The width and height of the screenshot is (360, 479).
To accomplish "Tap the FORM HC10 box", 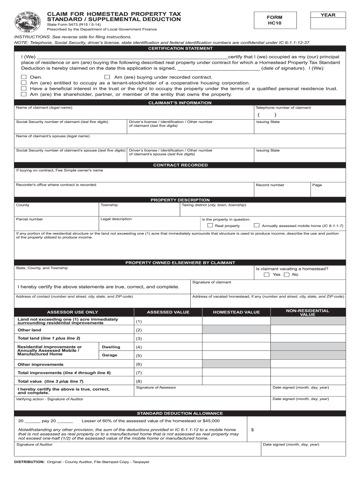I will click(x=275, y=20).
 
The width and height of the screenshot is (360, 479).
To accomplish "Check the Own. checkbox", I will click(x=23, y=77).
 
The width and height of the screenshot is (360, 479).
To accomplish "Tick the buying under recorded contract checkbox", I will click(x=107, y=77).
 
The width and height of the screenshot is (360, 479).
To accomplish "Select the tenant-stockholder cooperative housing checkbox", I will click(x=23, y=82).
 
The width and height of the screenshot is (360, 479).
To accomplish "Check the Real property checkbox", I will click(x=210, y=225).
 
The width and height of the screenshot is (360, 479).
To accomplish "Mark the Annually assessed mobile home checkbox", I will click(x=256, y=225).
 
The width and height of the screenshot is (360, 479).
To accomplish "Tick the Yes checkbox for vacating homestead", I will click(x=266, y=275).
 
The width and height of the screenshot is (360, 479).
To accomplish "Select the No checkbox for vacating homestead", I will click(x=287, y=275).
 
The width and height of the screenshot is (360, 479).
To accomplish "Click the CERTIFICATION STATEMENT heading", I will click(x=180, y=48).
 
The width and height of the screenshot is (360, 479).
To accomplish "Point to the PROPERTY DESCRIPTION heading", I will click(x=180, y=200).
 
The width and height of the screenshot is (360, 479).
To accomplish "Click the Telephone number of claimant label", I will click(x=283, y=108).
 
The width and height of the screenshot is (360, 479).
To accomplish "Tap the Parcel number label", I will click(x=29, y=219).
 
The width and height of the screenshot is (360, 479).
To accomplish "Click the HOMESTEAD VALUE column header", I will click(x=236, y=312).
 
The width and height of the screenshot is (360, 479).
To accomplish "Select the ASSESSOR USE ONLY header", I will click(x=72, y=312).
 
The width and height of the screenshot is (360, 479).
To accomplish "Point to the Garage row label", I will click(x=111, y=355).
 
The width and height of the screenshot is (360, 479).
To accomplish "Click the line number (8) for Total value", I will click(x=139, y=381).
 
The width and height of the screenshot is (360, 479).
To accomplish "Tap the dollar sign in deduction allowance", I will click(x=252, y=430).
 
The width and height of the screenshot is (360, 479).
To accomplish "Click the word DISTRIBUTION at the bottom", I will click(x=29, y=462).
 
